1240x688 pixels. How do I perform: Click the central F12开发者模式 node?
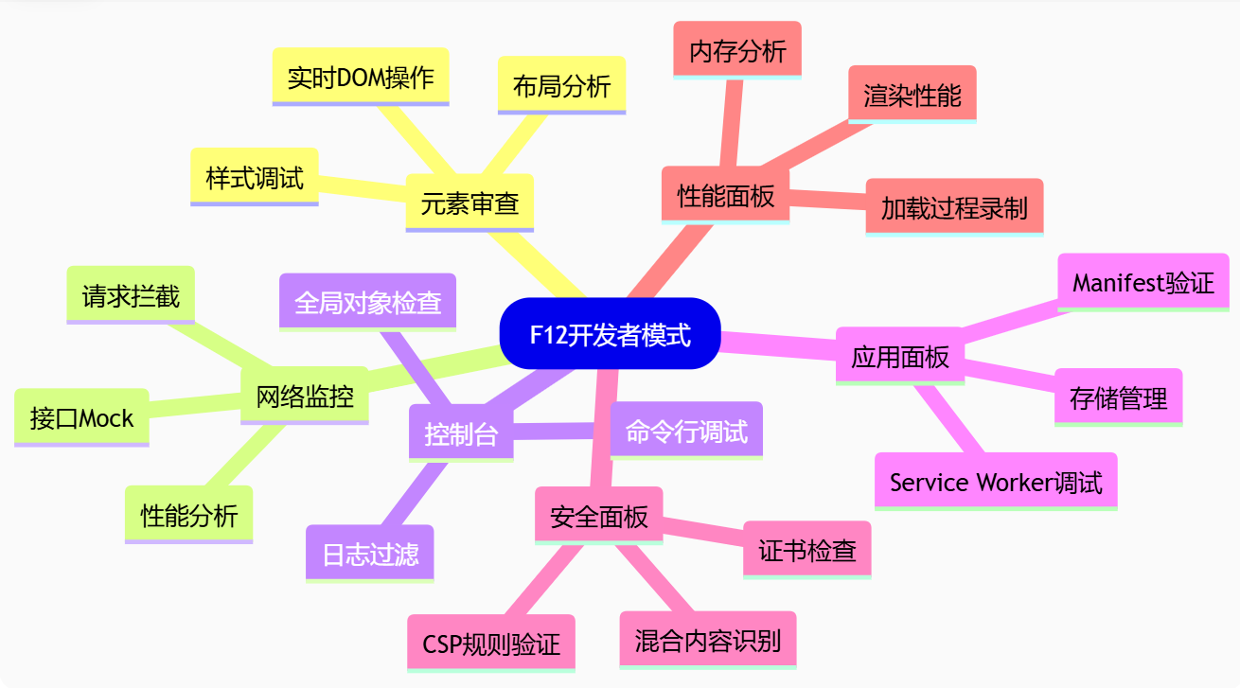[x=610, y=334]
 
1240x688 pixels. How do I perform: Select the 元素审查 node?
[x=469, y=202]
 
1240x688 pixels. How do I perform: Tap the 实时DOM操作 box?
[x=361, y=76]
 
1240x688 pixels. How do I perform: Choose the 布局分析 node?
[x=561, y=85]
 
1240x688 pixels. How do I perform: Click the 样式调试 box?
[x=255, y=176]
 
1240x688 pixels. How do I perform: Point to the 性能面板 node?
[x=725, y=195]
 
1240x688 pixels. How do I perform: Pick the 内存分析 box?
[x=737, y=49]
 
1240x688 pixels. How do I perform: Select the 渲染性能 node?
[x=912, y=94]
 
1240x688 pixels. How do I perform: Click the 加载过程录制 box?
[x=954, y=206]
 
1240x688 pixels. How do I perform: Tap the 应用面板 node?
[x=900, y=356]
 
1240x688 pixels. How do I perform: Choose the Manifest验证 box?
[x=1143, y=281]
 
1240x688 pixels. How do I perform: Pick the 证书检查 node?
[x=807, y=549]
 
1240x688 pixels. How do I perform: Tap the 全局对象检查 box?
[x=367, y=302]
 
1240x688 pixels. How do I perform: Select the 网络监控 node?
[x=305, y=395]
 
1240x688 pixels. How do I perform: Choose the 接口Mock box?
[x=81, y=416]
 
